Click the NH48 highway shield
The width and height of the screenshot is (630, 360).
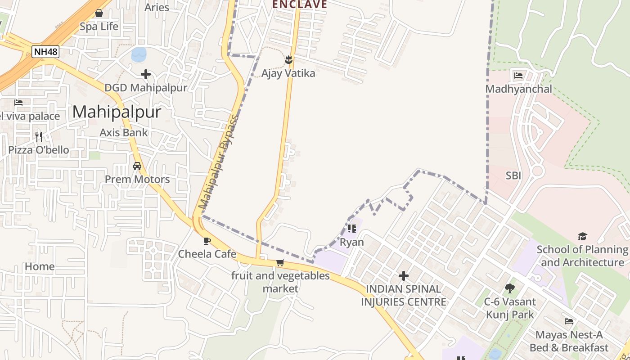(45, 52)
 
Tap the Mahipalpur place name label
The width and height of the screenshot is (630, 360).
(117, 112)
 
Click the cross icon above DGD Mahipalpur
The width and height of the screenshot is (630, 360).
(145, 74)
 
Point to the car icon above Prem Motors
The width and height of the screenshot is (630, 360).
(137, 166)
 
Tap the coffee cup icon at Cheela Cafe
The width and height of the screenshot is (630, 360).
(207, 241)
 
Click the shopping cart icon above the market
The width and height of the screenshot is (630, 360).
(280, 262)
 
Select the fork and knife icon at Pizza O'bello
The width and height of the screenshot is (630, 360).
(39, 136)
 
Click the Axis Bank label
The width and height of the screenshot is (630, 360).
(124, 132)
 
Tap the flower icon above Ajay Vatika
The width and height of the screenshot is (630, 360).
(288, 59)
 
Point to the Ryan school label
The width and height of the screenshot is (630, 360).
(352, 243)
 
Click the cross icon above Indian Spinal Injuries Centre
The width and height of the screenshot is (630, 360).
(404, 275)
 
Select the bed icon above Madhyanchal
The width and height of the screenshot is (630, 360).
(518, 76)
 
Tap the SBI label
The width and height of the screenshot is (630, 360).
(513, 175)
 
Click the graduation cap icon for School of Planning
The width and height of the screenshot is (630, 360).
(582, 236)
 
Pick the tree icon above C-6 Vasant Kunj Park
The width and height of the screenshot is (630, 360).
(510, 288)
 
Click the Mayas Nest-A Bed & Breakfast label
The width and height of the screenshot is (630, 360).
(569, 341)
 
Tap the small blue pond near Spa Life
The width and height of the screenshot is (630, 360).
(139, 54)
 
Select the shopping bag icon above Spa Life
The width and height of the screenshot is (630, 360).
(99, 13)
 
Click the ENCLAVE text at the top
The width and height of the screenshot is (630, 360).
(299, 4)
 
